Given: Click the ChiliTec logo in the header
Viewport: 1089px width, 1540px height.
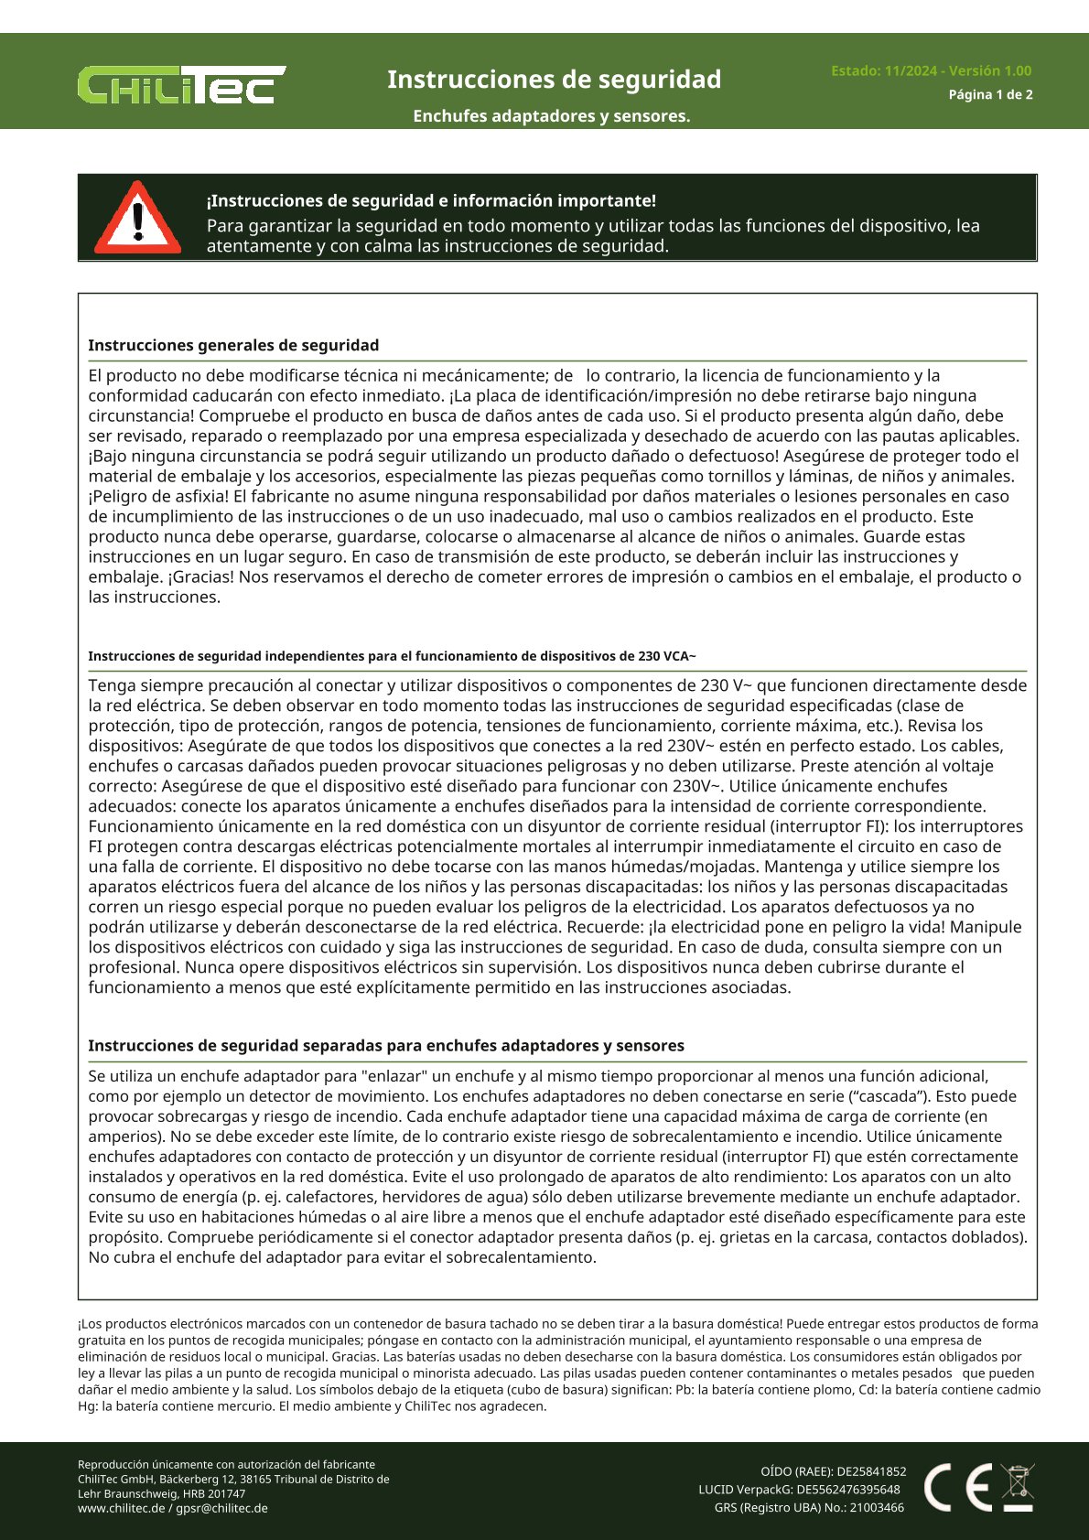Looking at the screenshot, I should click(x=181, y=84).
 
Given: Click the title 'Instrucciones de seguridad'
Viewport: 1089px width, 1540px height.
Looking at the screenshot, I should click(x=554, y=80).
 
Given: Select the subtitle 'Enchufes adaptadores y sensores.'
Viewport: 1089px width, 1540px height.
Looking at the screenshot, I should click(x=551, y=116).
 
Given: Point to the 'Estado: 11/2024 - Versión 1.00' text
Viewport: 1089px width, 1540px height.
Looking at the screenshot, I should click(x=931, y=70).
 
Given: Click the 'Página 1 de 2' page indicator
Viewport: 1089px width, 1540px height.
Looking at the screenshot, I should click(x=990, y=94).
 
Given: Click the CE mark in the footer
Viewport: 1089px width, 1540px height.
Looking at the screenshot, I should click(x=957, y=1487).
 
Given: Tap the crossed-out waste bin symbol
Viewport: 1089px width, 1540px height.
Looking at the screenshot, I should click(x=1018, y=1486).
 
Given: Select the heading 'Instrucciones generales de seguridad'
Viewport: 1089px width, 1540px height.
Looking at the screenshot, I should click(x=233, y=345).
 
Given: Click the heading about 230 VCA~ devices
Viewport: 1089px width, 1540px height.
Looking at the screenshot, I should click(x=392, y=656).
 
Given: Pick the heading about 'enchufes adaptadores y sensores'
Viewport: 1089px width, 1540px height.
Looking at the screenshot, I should click(x=385, y=1045).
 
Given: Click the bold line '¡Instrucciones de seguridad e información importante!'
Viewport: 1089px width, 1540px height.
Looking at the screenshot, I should click(x=431, y=200).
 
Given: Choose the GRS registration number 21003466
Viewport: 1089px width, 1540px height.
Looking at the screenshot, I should click(x=877, y=1507).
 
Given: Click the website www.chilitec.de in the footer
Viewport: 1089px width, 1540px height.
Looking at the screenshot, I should click(x=121, y=1508).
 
